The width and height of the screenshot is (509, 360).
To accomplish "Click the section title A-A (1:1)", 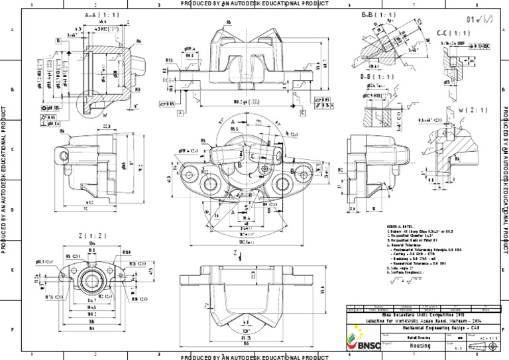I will pyautogui.click(x=102, y=14).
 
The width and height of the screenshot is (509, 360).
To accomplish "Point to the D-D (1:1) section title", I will pyautogui.click(x=376, y=77).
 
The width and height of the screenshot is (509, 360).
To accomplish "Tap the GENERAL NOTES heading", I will pyautogui.click(x=402, y=226).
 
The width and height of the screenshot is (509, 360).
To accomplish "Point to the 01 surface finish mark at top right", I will pyautogui.click(x=479, y=19).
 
